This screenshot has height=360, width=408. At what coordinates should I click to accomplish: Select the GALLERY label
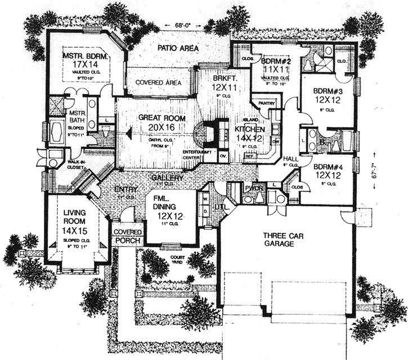pos(167,178)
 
